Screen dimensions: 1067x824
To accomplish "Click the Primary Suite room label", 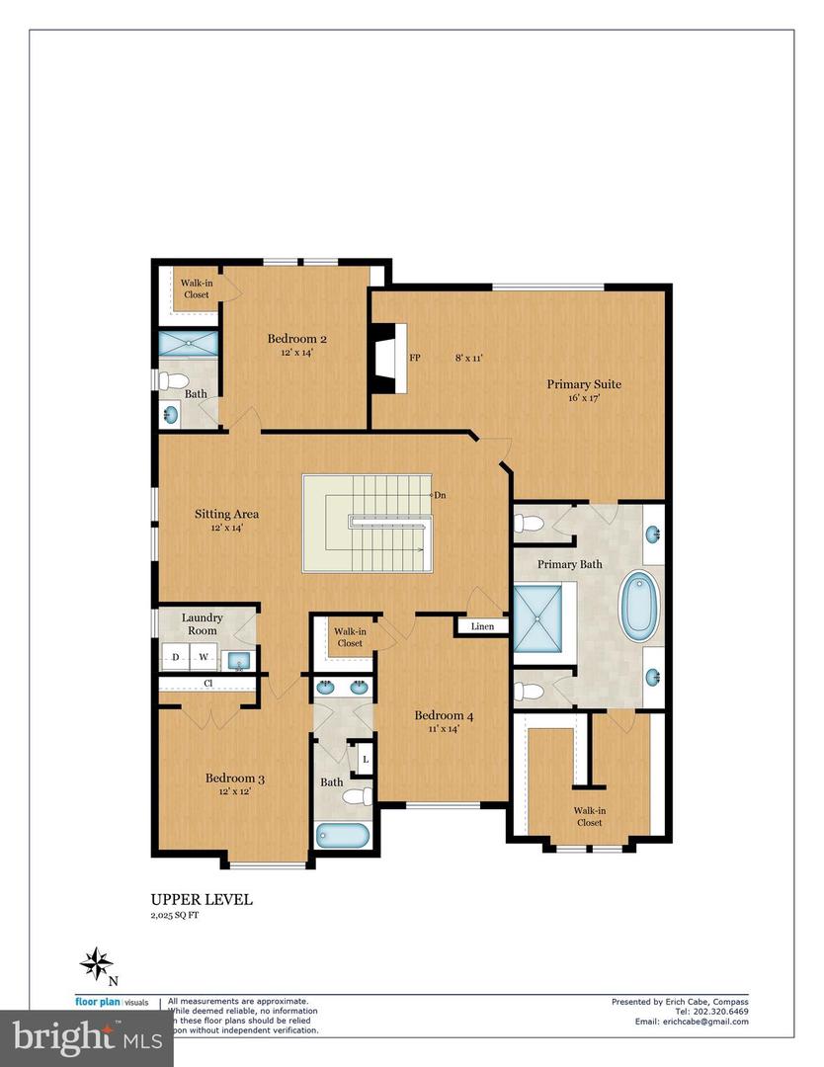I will [x=584, y=384].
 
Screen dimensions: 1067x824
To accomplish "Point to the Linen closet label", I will [x=482, y=626].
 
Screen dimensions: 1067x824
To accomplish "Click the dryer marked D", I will [x=176, y=657].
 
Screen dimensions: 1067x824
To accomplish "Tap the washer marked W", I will [x=204, y=657].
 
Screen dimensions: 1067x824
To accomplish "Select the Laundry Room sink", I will [x=238, y=660].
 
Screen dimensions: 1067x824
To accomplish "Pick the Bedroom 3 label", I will [x=234, y=778].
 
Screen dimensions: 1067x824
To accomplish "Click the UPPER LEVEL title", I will [x=201, y=899].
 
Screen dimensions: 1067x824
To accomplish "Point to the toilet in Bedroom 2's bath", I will [x=175, y=380].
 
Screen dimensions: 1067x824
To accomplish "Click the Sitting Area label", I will [x=226, y=514].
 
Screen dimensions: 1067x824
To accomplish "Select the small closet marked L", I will [x=365, y=759].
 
